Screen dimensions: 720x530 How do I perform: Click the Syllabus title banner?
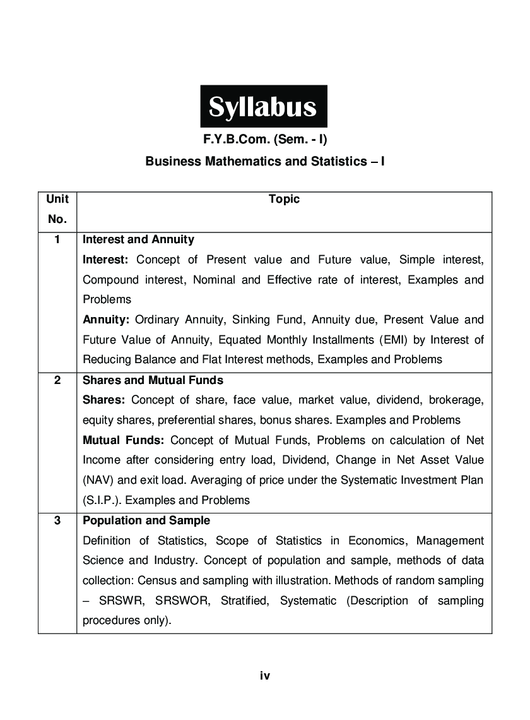tap(264, 107)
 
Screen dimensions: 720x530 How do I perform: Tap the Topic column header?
tap(284, 200)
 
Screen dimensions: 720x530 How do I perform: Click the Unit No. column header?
tap(57, 209)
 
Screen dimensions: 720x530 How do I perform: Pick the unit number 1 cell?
tap(57, 240)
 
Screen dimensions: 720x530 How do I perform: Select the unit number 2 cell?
tap(57, 381)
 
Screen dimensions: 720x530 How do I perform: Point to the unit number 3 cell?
tap(57, 521)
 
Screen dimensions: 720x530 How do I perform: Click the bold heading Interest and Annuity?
tap(138, 240)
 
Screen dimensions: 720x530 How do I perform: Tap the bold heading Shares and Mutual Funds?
tap(153, 381)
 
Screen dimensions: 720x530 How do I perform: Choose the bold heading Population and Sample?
tap(146, 521)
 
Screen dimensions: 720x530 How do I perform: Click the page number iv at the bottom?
tap(265, 676)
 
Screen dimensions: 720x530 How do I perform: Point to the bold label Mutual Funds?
tap(124, 440)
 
